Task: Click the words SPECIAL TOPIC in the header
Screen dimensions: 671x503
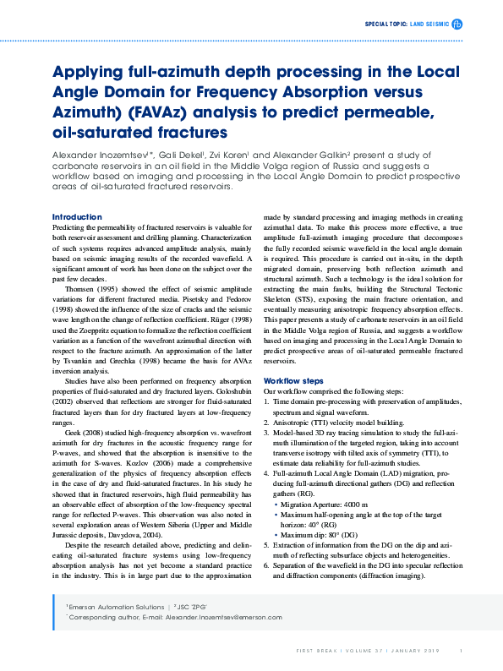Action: [x=385, y=25]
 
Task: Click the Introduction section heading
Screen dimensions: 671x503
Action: [x=77, y=217]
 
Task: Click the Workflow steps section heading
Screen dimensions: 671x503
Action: [x=294, y=381]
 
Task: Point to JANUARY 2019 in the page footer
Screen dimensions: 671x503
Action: [x=416, y=652]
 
